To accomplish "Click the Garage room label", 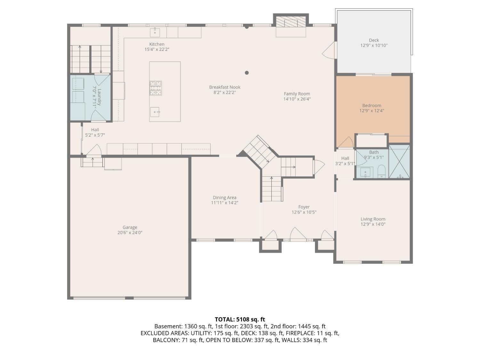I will [130, 228].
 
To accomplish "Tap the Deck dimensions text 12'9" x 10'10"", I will [374, 45].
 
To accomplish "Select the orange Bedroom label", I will [372, 106].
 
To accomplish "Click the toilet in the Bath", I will [382, 172].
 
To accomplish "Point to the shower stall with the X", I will [399, 162].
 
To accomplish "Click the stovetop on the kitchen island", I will [156, 88].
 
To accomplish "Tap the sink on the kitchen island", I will [155, 112].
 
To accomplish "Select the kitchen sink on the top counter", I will [155, 32].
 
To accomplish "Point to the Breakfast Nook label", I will [225, 87].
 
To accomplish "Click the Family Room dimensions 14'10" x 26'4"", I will [297, 99].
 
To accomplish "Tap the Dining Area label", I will [225, 197].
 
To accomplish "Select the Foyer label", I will [304, 207].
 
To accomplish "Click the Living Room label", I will [373, 219].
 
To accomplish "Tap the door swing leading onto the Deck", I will [329, 51].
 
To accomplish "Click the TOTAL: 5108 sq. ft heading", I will [240, 319].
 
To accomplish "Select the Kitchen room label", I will [157, 44].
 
